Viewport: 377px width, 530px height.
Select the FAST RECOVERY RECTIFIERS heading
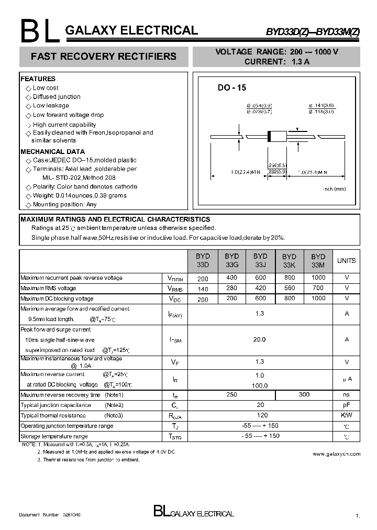104,56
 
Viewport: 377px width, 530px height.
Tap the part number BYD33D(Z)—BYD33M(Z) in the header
313,31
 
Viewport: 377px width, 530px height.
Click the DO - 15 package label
232,88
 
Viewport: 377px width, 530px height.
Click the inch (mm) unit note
334,189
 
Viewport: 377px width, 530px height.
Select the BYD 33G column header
231,260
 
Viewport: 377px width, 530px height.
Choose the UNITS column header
346,260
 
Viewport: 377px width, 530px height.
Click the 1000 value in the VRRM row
318,278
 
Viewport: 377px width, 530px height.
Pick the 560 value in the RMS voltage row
289,288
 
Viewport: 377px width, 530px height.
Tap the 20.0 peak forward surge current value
260,339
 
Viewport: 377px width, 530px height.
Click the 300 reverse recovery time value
304,394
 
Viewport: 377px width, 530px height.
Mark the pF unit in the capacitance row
346,405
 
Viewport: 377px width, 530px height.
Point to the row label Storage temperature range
54,436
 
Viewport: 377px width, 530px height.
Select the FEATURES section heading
38,79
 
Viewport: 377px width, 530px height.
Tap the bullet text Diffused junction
57,97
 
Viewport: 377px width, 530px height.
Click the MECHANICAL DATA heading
52,151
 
